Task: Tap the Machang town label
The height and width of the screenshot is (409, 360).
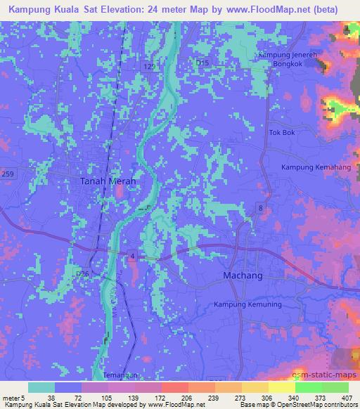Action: tap(243, 275)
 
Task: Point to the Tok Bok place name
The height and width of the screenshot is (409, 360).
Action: tap(280, 132)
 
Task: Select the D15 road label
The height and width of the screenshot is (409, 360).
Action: tap(202, 63)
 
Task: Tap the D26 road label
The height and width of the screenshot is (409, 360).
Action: tap(82, 273)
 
